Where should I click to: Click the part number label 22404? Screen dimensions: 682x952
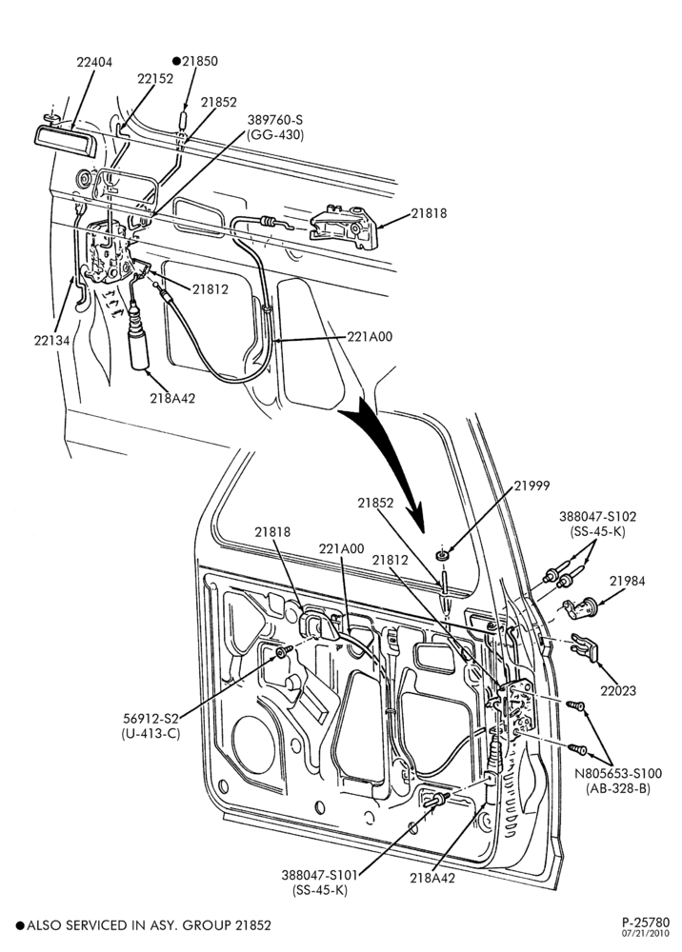[x=94, y=62]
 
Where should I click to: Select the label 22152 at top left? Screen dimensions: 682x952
[x=155, y=79]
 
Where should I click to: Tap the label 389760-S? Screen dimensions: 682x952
[x=274, y=120]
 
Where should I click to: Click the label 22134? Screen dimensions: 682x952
[x=51, y=340]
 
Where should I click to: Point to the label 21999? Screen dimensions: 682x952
[x=532, y=486]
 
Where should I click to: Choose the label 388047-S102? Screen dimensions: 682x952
[x=597, y=517]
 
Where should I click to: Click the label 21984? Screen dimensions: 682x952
[x=628, y=581]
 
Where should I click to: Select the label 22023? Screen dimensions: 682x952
[x=618, y=690]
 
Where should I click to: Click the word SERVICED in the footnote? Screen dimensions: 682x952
[x=103, y=925]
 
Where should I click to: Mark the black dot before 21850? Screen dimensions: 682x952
[x=177, y=61]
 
